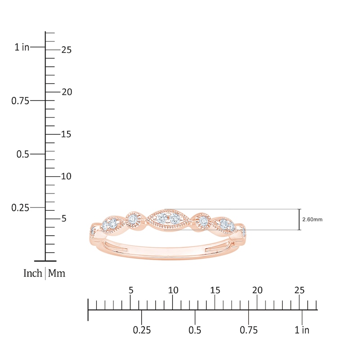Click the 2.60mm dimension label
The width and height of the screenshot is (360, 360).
(312, 220)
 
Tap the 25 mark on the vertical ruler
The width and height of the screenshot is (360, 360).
(66, 50)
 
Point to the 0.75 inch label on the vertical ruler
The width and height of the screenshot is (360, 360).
(20, 101)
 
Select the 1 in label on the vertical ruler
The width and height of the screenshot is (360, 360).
(22, 47)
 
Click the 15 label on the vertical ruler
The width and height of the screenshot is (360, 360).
(66, 135)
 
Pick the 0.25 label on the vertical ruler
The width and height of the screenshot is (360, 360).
(20, 207)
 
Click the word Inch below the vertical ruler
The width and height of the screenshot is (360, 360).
(32, 273)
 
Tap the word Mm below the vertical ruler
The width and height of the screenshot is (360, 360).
(57, 273)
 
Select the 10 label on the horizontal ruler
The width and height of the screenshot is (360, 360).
(173, 290)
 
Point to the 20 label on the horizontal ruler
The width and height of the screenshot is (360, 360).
(257, 290)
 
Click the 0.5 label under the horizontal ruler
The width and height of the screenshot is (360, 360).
(195, 330)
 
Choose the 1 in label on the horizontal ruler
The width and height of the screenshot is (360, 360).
(302, 330)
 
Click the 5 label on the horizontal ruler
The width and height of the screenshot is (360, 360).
(131, 290)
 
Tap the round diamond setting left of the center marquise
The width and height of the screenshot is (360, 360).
(133, 219)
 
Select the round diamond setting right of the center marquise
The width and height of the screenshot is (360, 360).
(204, 220)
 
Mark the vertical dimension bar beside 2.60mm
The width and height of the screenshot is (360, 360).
(299, 220)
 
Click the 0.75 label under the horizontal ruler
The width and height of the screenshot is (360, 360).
(248, 330)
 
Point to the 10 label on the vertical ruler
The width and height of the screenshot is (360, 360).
(66, 176)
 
